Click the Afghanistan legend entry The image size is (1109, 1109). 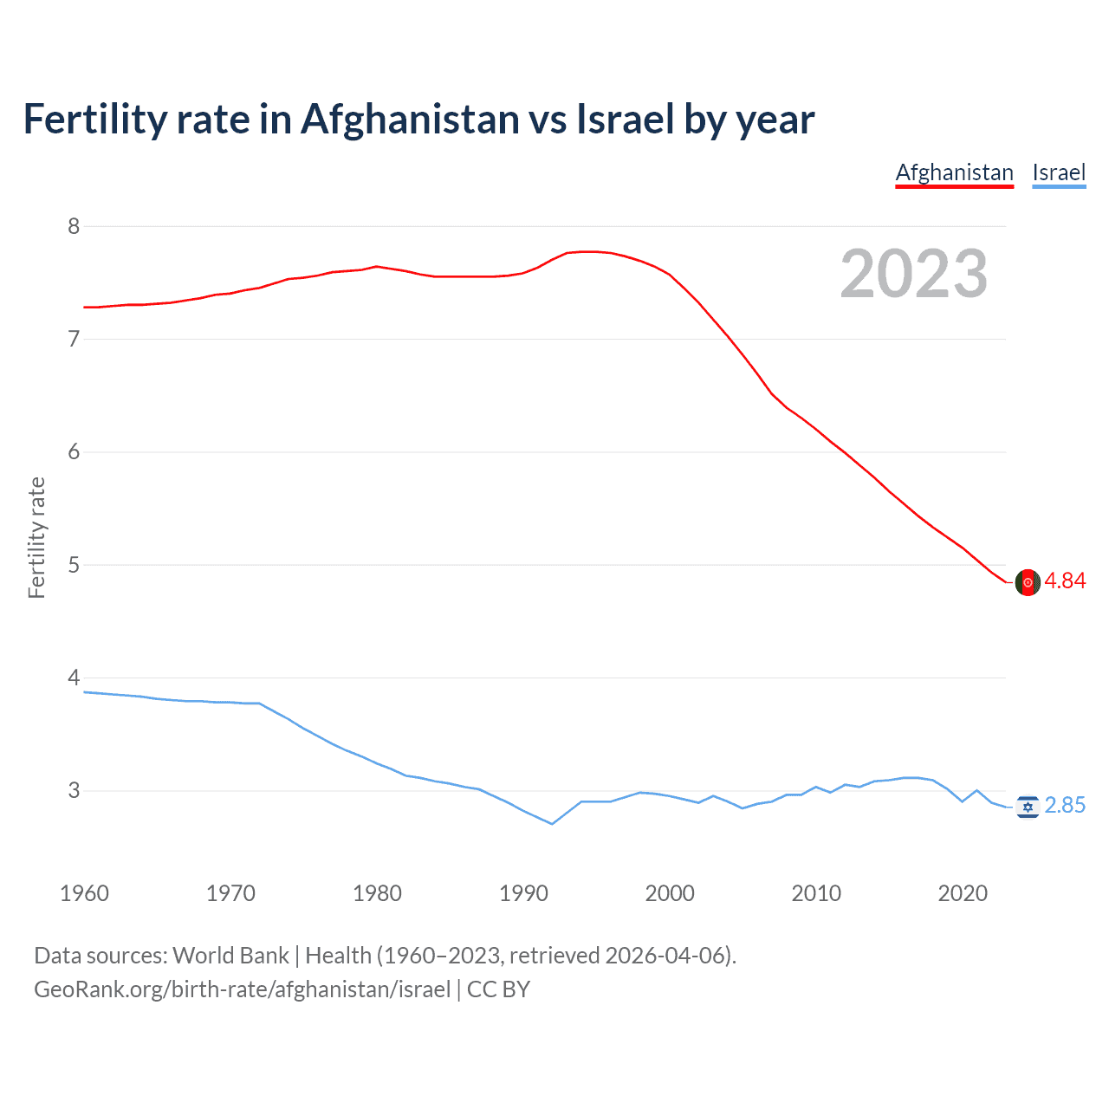(954, 172)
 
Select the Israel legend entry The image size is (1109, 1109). (1059, 172)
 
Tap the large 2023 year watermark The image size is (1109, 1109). (913, 274)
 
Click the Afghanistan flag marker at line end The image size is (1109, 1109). (1028, 582)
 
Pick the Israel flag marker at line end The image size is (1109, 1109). (1028, 807)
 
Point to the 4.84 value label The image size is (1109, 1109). (1065, 581)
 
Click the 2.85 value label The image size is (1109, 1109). (1065, 806)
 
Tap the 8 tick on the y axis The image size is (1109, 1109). (74, 226)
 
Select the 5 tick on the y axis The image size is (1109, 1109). (74, 565)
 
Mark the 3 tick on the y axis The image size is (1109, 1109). (74, 790)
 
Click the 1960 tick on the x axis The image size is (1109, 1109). (84, 893)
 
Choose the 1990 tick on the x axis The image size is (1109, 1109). (523, 893)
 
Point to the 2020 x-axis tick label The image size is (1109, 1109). (963, 893)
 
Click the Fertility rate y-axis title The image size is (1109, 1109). (36, 537)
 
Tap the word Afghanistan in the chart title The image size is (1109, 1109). (410, 120)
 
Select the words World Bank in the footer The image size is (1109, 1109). (230, 956)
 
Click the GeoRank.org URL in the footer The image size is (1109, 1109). (242, 989)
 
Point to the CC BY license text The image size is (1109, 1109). (498, 989)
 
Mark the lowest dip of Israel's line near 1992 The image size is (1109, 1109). (552, 823)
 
